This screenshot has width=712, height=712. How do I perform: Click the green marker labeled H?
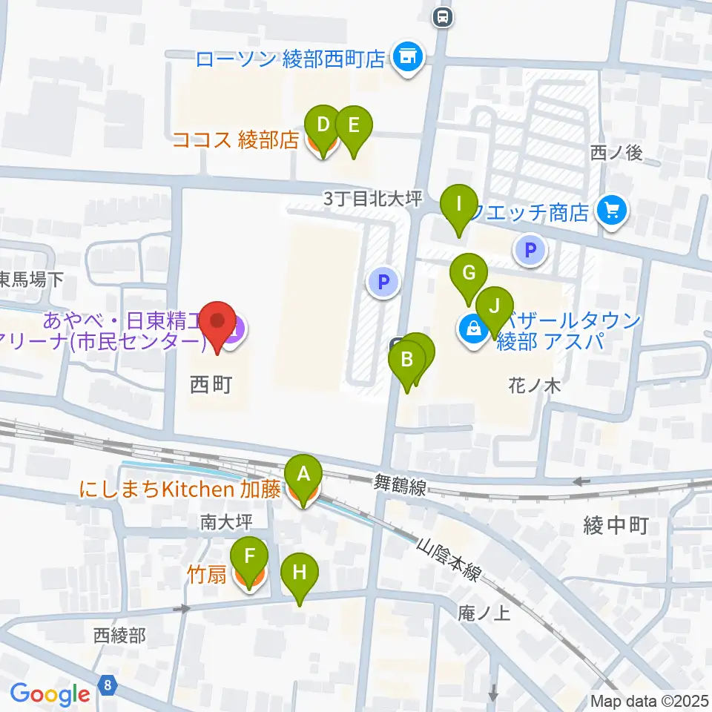coord(300,573)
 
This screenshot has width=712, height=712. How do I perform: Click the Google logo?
coord(50,694)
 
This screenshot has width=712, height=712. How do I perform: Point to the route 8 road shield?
coord(109,685)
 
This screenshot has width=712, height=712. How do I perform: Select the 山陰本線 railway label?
coord(450,561)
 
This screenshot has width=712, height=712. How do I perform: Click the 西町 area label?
coord(211,385)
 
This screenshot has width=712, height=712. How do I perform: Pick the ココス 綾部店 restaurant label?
coord(235,139)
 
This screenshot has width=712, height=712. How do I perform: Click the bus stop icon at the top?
coord(443,16)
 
